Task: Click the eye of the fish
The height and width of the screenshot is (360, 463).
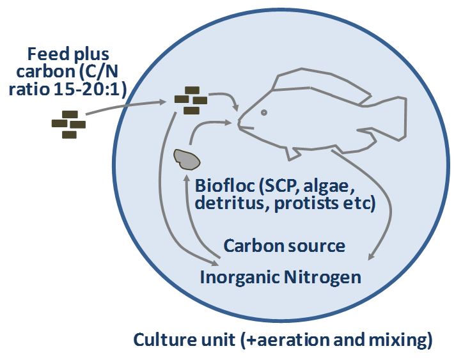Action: coord(264,113)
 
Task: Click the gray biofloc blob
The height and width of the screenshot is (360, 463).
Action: coord(187,159)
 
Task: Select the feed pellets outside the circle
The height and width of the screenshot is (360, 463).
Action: coord(68,124)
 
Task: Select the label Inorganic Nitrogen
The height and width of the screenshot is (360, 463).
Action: coord(280,277)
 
